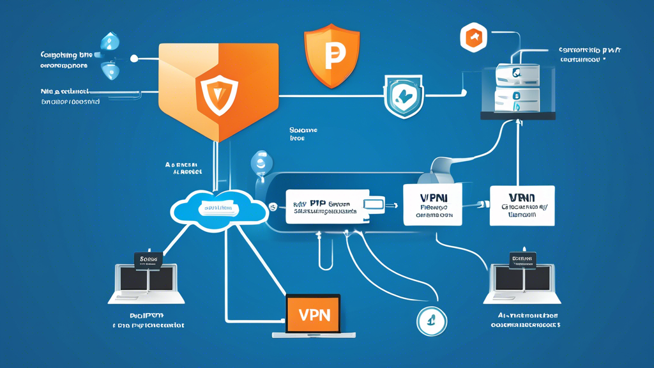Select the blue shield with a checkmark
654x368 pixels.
coord(404,96)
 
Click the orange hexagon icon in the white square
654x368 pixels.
coord(473,38)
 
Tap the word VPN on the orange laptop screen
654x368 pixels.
coord(312,314)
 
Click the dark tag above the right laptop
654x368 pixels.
coord(522,259)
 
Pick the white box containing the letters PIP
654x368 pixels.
coord(319,206)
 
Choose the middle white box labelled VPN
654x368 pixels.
coord(432,204)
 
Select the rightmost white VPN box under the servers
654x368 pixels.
coord(522,205)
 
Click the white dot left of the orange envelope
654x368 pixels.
coord(134,59)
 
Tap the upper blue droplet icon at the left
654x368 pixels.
coord(112,42)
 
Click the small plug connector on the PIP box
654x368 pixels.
coord(374,204)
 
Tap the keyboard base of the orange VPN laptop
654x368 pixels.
coord(312,335)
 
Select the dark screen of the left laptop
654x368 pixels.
coord(146,279)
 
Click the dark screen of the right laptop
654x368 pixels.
coord(522,279)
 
